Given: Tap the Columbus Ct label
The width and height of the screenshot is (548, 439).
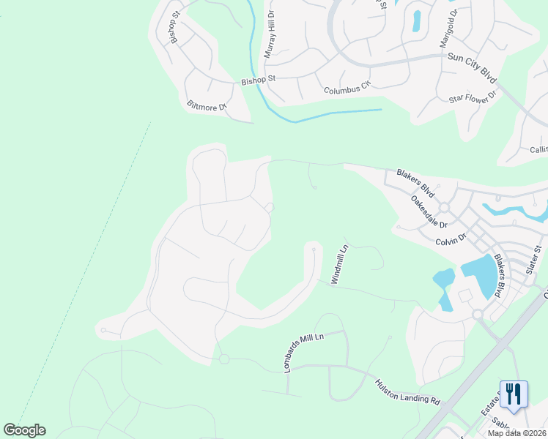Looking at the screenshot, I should (x=348, y=89).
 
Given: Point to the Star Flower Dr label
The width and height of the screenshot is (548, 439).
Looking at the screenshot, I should (x=473, y=96).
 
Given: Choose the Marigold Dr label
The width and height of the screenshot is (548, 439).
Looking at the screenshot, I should (x=449, y=29).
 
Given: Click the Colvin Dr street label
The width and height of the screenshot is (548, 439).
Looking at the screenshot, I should (x=451, y=239).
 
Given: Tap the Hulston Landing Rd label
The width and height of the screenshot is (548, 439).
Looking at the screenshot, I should (x=407, y=391).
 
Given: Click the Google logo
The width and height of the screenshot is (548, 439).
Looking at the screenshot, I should (x=24, y=429).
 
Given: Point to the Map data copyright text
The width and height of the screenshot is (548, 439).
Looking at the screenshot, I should (x=516, y=433).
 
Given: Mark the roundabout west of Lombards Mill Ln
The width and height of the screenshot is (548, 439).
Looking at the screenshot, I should (x=224, y=359).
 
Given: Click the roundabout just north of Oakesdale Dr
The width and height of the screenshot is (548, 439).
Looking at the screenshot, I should (x=444, y=208).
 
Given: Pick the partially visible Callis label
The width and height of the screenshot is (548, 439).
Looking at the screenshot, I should (x=538, y=149).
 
